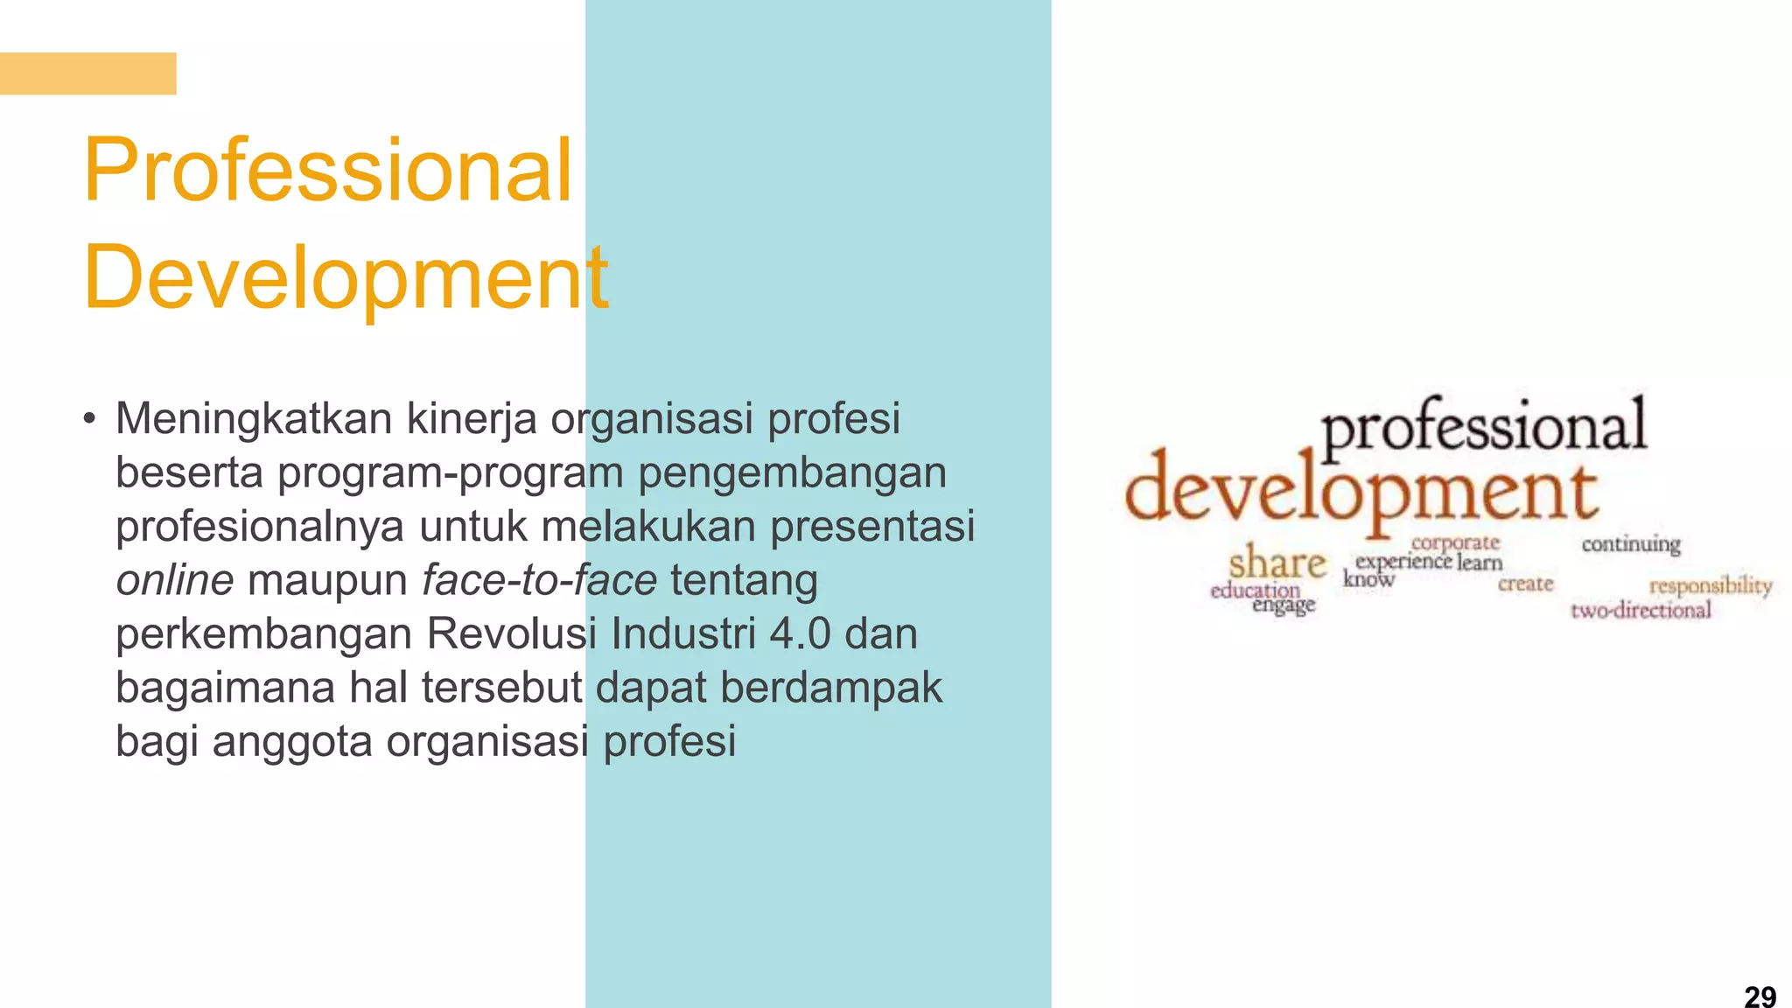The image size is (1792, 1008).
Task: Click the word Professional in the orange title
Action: [327, 171]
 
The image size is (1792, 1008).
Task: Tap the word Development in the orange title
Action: [346, 277]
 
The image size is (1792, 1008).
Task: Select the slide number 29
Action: [1760, 996]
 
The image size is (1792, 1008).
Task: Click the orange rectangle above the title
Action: [87, 73]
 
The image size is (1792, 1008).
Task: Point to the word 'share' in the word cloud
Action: [1277, 563]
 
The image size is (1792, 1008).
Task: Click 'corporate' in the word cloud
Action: [1455, 542]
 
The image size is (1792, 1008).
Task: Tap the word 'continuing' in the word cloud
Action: [1630, 544]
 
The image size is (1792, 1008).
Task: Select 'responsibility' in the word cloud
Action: [1711, 584]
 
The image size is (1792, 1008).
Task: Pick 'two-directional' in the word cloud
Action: [1641, 610]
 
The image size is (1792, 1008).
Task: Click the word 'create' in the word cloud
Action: [1525, 584]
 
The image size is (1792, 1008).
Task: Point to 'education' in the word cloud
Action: [1255, 590]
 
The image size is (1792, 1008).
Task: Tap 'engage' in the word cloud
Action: [1284, 605]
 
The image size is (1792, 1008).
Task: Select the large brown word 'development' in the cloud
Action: [1361, 492]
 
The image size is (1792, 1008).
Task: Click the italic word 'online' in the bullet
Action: [174, 580]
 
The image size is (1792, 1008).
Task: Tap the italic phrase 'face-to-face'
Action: [539, 580]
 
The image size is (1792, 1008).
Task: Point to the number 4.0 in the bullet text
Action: [800, 633]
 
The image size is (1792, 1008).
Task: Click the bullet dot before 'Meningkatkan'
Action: [89, 418]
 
